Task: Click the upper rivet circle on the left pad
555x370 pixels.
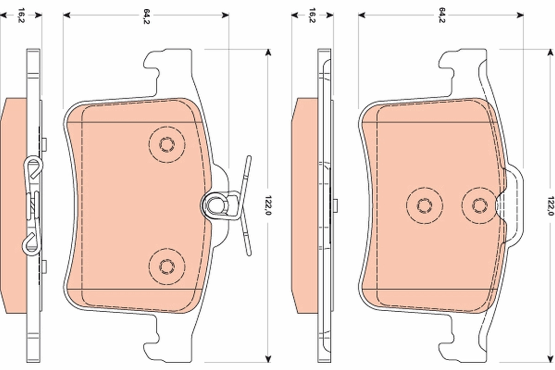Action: [x=166, y=144]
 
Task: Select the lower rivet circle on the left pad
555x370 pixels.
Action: [x=166, y=265]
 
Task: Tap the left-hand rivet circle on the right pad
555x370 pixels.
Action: [x=424, y=204]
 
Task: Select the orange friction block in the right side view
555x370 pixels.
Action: [x=305, y=203]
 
